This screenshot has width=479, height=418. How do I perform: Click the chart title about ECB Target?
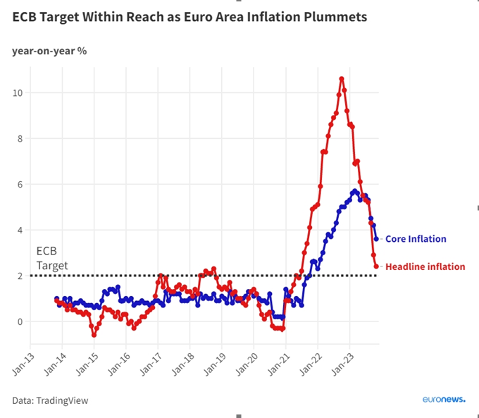pos(189,17)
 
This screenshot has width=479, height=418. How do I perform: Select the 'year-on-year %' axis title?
pos(49,51)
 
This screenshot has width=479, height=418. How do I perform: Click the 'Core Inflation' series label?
pos(416,239)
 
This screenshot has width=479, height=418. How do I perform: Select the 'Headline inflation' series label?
pos(425,266)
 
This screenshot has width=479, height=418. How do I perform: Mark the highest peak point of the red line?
pos(342,79)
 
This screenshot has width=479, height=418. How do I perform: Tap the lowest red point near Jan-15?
pos(94,335)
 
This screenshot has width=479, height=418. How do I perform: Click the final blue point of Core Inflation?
pos(376,239)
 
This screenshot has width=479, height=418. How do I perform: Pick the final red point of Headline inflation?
pos(376,266)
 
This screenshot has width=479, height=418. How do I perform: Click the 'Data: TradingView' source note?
pos(50,400)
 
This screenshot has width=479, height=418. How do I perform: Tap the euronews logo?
pos(443,399)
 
